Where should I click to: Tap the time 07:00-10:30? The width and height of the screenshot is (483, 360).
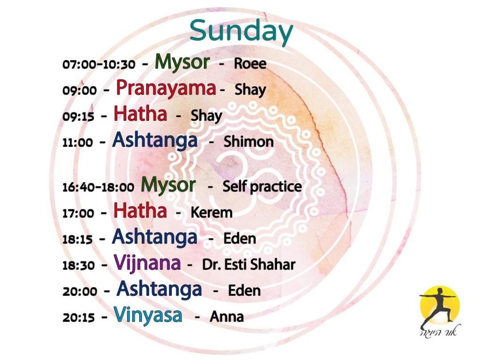tap(99, 64)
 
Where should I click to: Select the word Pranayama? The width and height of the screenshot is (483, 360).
tap(166, 88)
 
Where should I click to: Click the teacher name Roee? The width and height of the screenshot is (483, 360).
tap(250, 64)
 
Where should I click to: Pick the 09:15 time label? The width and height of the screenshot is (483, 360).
tap(78, 117)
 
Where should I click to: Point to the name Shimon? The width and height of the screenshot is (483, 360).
tap(249, 142)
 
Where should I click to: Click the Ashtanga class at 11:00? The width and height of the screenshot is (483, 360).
tap(155, 140)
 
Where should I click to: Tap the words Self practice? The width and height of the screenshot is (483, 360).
tap(262, 187)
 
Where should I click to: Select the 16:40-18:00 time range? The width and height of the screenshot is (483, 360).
tap(98, 187)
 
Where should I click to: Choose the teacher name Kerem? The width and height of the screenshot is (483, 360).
tap(211, 213)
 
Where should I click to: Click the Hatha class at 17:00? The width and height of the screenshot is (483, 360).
tap(140, 211)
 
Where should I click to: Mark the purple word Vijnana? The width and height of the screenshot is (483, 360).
tap(147, 263)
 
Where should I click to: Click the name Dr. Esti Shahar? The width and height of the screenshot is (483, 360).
tap(249, 264)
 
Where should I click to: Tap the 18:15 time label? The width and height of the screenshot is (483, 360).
tap(78, 239)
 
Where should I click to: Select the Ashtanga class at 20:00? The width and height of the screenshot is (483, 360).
tap(159, 289)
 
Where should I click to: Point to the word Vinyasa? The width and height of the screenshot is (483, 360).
tap(148, 316)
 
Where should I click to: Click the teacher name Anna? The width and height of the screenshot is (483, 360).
tap(227, 317)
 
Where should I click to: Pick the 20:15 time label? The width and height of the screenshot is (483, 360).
tap(79, 318)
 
